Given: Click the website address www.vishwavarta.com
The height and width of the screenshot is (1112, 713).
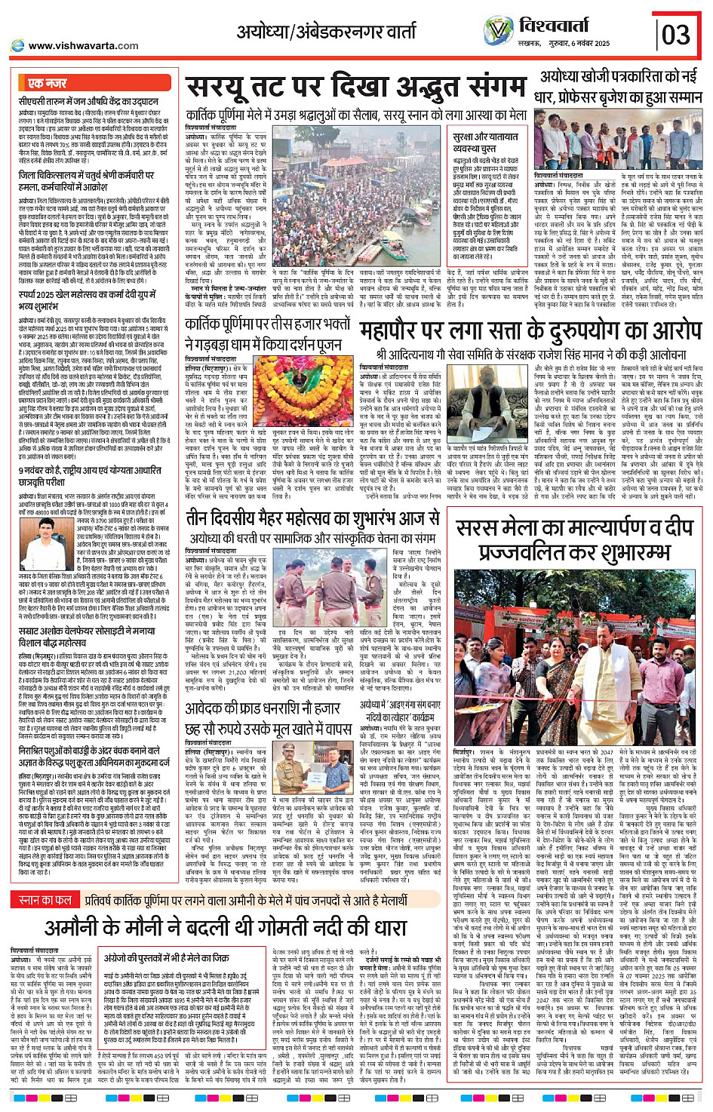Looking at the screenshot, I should coord(83,46).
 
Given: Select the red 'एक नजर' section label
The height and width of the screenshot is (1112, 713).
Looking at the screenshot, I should coord(48,83).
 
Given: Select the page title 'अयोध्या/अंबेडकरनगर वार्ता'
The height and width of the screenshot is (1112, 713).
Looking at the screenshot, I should coord(326,32).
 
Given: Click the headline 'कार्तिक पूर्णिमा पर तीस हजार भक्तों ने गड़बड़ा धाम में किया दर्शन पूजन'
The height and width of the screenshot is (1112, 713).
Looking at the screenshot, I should coord(269,334).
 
